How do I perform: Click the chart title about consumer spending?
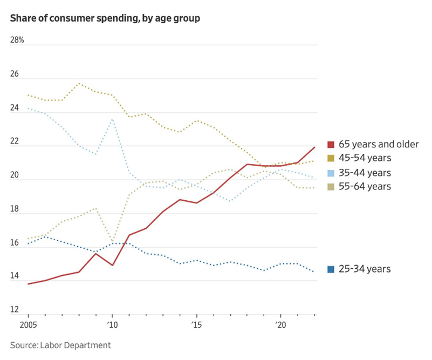105,18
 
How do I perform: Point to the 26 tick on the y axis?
15,74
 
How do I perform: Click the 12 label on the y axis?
14,310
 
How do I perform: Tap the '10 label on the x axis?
112,326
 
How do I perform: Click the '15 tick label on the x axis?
196,326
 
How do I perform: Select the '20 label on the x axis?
280,326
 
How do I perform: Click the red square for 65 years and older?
332,145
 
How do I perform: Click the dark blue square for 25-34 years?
332,269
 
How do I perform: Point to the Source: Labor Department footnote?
60,345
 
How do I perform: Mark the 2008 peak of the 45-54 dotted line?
79,83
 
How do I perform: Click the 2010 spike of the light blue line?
112,119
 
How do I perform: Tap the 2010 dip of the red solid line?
112,265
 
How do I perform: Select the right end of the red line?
315,147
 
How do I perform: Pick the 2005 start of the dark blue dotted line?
28,243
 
